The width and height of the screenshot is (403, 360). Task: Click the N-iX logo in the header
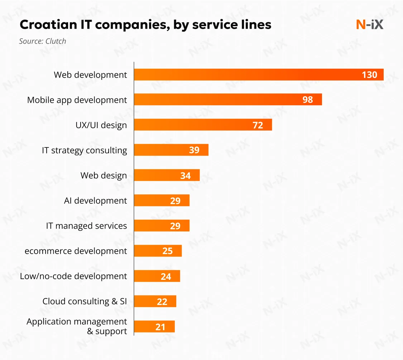369,24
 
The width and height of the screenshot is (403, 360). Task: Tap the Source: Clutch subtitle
43,41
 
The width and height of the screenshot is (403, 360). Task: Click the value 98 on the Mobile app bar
308,99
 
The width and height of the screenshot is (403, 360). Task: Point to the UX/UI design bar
203,125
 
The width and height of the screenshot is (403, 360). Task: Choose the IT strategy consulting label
85,150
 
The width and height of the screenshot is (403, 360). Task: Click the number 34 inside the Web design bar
185,176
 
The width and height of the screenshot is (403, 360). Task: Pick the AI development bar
162,200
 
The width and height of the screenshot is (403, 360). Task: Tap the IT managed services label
86,226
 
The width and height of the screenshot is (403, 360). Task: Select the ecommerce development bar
158,251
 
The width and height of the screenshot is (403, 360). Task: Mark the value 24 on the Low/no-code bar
166,276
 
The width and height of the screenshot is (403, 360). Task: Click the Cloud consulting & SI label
85,301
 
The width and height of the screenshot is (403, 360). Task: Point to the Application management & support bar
154,326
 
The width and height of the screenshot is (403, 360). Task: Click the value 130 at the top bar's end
369,74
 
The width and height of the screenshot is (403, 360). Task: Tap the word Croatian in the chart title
44,25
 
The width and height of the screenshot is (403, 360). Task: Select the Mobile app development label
77,100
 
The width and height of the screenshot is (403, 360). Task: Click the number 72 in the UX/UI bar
258,125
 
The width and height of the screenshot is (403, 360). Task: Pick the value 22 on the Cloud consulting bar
162,302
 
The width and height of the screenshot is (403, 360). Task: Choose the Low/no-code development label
73,276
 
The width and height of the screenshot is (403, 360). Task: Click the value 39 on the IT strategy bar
194,150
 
